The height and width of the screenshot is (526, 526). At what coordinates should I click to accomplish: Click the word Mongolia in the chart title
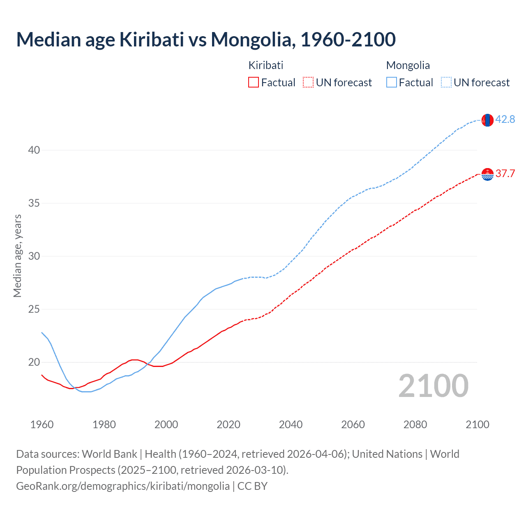coord(252,39)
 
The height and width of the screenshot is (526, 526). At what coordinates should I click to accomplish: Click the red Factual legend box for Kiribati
coord(254,83)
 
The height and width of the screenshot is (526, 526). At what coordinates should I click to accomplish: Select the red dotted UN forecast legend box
coord(308,83)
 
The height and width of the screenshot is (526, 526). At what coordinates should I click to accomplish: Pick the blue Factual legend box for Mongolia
coord(392,83)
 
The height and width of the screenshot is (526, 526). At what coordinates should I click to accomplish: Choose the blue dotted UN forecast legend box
coord(446,83)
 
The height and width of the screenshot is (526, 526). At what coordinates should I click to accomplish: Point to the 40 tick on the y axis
coord(34,150)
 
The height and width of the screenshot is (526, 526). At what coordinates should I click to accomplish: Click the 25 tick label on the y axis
coord(34,309)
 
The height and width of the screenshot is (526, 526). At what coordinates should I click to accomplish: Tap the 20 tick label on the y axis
coord(34,362)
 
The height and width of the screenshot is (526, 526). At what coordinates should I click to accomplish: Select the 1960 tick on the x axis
coord(42,424)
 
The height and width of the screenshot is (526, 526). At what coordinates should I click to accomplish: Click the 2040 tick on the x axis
coord(291,424)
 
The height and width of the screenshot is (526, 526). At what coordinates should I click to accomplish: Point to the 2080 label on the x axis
coord(415,424)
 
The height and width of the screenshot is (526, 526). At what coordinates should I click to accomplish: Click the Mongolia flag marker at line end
coord(487,120)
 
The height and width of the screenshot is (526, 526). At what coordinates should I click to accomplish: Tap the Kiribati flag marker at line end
coord(487,174)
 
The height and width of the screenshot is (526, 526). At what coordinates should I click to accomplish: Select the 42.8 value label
coord(505,119)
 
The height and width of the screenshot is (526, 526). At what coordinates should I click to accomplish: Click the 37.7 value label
coord(505,173)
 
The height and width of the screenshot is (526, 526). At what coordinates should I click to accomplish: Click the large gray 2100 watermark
coord(433,386)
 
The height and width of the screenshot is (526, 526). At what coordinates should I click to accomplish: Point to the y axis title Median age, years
coord(17,256)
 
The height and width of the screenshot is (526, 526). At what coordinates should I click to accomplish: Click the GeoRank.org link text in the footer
coord(122,486)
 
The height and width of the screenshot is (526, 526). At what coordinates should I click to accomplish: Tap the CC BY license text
coord(252,486)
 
